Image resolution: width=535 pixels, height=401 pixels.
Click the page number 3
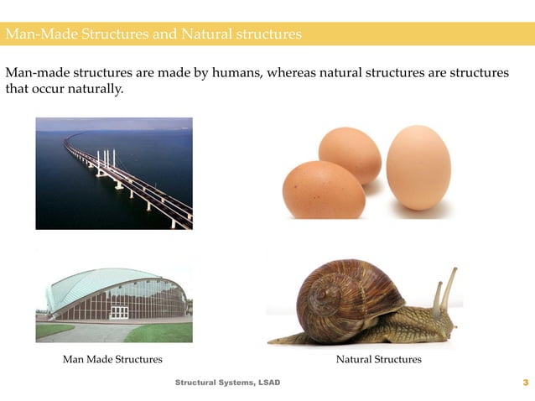click(x=525, y=383)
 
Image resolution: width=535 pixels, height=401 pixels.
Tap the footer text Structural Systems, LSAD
click(x=227, y=383)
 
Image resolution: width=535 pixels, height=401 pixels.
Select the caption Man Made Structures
click(x=112, y=359)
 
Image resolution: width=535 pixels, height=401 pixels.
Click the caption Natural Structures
click(x=378, y=359)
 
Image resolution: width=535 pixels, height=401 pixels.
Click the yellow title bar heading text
click(x=153, y=34)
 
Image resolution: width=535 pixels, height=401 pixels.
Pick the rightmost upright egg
click(x=418, y=167)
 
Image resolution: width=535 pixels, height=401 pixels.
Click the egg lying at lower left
click(x=324, y=190)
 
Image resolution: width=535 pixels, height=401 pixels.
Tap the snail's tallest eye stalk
click(x=449, y=285)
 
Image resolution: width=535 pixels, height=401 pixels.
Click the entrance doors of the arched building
click(x=120, y=312)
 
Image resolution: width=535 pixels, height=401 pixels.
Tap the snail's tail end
click(x=275, y=341)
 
